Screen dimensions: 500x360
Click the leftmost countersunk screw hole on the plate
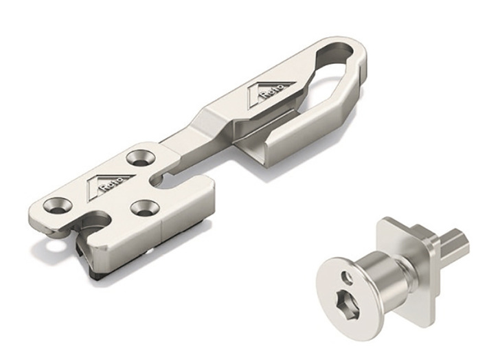click(x=58, y=205)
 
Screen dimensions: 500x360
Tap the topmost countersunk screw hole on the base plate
click(x=141, y=158)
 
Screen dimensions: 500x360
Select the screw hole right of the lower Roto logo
click(x=145, y=208)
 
